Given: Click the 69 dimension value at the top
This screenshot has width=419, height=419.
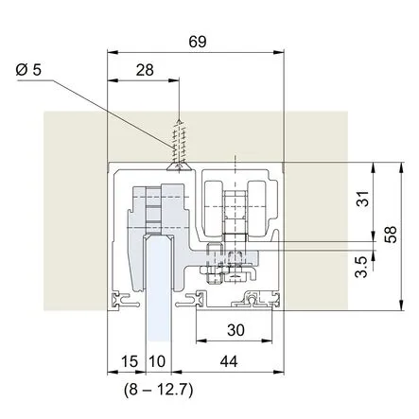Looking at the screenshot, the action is [x=198, y=42].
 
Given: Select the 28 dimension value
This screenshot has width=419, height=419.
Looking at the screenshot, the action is [x=145, y=70].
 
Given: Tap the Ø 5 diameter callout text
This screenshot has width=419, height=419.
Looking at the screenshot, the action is [x=28, y=70].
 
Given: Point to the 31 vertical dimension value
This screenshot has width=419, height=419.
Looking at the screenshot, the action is [x=363, y=199].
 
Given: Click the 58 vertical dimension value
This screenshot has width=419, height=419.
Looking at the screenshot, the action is [x=391, y=235].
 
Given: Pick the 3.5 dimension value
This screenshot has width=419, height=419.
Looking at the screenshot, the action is [x=361, y=267].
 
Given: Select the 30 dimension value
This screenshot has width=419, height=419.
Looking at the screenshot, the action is [x=236, y=330].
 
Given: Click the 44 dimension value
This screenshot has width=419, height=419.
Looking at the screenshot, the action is [x=229, y=361].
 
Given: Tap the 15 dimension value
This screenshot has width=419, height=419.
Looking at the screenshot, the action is [x=130, y=361].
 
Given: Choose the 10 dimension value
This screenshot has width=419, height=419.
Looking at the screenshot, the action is [x=157, y=361].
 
